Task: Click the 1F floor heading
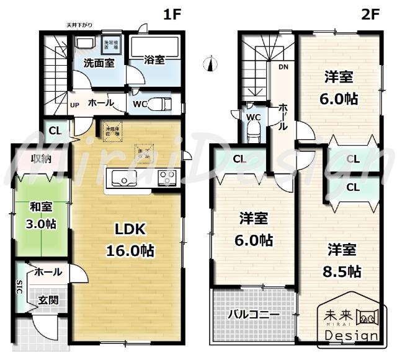click(173, 14)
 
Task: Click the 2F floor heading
click(371, 14)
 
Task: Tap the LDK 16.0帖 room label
click(130, 240)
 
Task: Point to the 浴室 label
click(154, 61)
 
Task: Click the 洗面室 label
click(98, 63)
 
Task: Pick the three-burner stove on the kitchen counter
click(167, 178)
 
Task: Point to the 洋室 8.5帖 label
click(342, 260)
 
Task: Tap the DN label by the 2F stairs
click(283, 67)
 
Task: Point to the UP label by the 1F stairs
click(74, 105)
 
